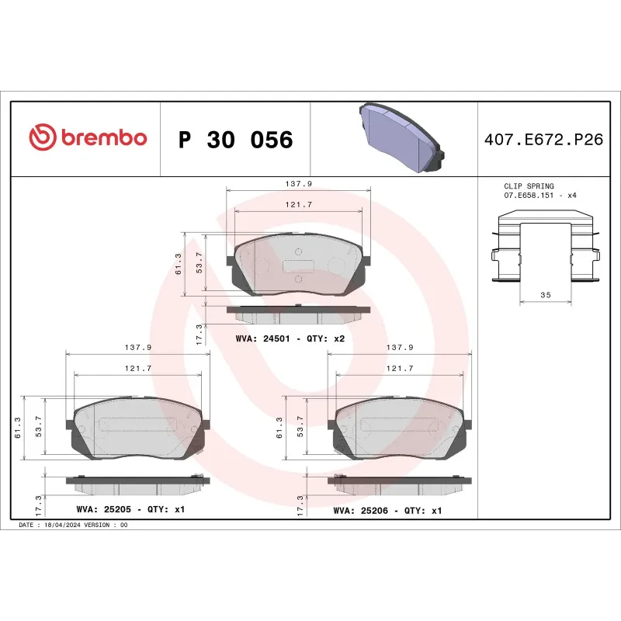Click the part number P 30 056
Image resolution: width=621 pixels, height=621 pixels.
click(235, 140)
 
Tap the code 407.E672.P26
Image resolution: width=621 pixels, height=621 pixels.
click(543, 140)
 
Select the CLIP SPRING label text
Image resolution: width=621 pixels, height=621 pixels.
click(529, 186)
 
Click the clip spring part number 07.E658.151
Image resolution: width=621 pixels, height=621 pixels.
click(533, 196)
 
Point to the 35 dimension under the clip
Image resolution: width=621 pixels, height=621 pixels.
click(546, 296)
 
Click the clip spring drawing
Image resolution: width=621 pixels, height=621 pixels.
click(545, 248)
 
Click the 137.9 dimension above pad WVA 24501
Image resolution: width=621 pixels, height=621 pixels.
click(298, 184)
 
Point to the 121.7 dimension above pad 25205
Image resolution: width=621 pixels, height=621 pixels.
click(137, 368)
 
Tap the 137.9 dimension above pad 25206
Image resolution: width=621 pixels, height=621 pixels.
click(398, 348)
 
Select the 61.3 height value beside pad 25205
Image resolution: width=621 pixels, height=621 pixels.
click(17, 427)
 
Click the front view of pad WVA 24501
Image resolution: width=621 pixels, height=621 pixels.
click(298, 265)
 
